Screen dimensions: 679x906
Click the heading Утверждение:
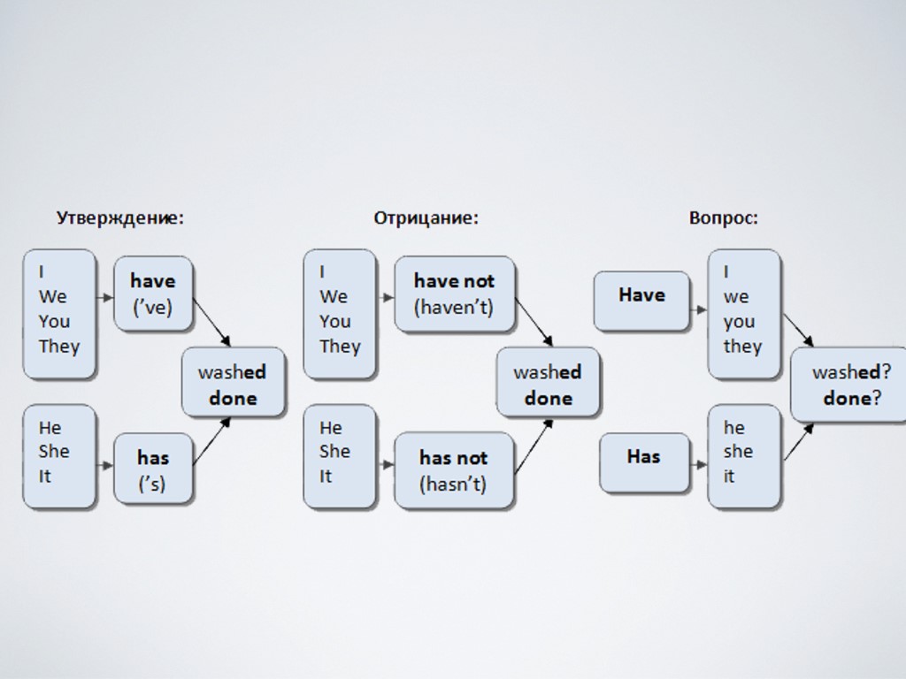click(120, 217)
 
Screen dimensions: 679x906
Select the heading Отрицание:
click(426, 217)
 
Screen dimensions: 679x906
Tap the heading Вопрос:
click(723, 217)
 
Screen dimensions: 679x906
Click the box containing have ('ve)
click(153, 294)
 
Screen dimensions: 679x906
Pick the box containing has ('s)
click(153, 469)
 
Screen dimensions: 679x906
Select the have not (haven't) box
click(454, 294)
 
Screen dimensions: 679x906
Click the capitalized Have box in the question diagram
click(641, 301)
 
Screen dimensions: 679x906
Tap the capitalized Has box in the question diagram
click(643, 463)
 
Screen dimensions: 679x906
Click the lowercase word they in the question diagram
click(741, 346)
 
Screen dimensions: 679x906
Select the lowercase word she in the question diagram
click(738, 452)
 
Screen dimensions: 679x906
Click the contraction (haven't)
click(454, 308)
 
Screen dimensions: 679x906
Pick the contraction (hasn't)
click(453, 484)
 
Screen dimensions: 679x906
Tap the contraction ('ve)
click(152, 308)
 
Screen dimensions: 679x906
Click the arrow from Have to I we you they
click(698, 309)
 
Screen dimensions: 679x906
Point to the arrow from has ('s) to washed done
click(211, 440)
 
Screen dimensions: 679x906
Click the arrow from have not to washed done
click(534, 322)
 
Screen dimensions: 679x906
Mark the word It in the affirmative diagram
click(45, 476)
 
